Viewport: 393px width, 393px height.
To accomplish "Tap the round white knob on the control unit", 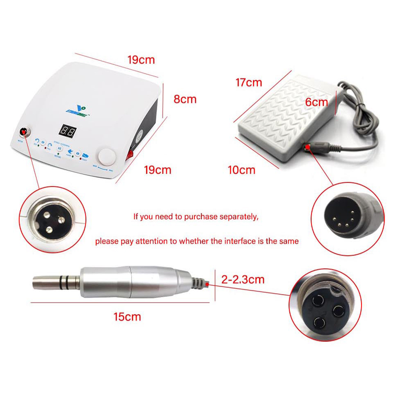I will [x=106, y=158].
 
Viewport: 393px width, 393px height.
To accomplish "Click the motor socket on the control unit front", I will [x=23, y=133].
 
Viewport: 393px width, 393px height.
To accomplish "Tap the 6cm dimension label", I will [x=316, y=103].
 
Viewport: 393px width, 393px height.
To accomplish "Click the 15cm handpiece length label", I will [x=127, y=316].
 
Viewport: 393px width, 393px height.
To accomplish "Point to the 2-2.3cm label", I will [x=243, y=280].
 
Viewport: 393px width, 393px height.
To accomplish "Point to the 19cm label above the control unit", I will [x=141, y=60].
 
